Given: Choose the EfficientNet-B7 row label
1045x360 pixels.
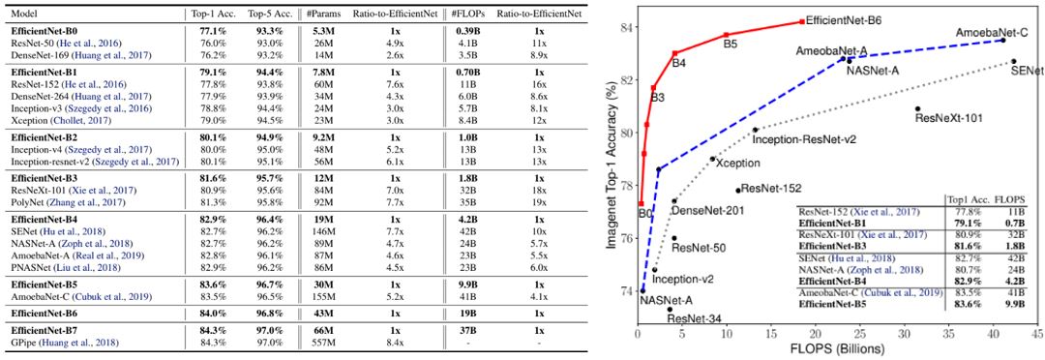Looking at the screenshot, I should [x=43, y=330].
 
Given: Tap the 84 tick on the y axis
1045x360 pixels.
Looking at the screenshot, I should [x=624, y=26].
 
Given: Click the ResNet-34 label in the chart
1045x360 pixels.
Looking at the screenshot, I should [x=694, y=317].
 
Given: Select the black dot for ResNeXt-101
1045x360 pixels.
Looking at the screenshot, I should [x=917, y=108].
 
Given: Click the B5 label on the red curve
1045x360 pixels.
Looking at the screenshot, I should [x=731, y=45].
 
